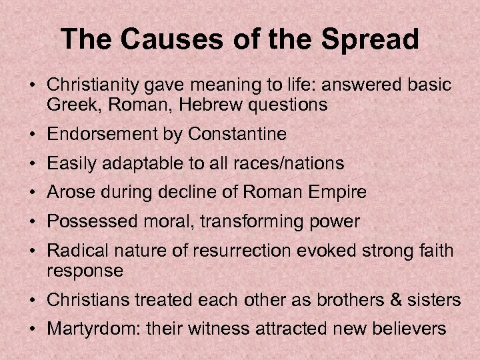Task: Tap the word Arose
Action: point(67,193)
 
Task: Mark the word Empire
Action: point(342,193)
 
